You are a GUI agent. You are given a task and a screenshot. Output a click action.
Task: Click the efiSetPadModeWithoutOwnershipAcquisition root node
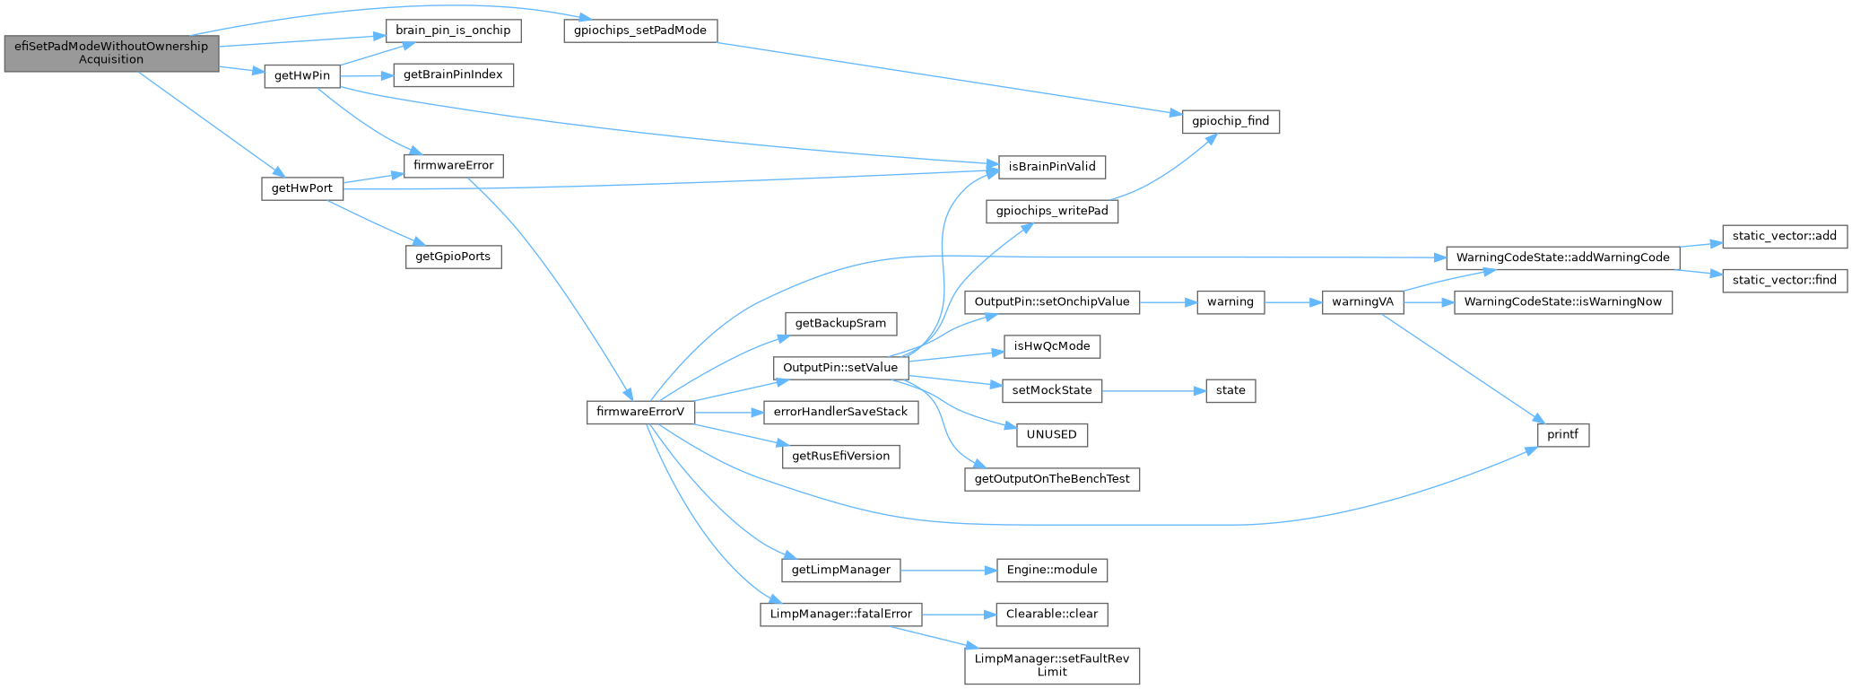[x=111, y=53]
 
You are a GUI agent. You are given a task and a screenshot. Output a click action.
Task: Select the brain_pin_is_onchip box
[x=453, y=31]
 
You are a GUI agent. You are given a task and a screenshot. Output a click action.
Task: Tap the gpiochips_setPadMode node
[x=640, y=31]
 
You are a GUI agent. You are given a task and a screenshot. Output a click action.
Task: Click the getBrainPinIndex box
[x=453, y=74]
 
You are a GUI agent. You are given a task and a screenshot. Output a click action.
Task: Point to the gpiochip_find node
[x=1230, y=121]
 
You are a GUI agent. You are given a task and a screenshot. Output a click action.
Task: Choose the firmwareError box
[x=453, y=166]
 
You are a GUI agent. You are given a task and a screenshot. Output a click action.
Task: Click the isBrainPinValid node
[x=1052, y=167]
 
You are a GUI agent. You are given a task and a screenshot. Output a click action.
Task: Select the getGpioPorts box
[x=453, y=257]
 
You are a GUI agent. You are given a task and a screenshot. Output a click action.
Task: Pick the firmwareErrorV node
[x=640, y=413]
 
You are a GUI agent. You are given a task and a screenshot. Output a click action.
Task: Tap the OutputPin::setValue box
[x=840, y=368]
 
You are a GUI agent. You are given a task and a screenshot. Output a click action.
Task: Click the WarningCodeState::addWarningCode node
[x=1562, y=257]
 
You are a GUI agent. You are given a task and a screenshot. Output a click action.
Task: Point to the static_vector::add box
[x=1785, y=236]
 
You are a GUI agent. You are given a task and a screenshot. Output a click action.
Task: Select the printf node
[x=1562, y=435]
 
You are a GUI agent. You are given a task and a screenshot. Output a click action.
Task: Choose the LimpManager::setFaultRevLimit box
[x=1052, y=666]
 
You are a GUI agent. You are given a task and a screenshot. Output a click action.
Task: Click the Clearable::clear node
[x=1052, y=615]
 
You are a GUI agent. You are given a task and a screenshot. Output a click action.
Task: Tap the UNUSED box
[x=1052, y=435]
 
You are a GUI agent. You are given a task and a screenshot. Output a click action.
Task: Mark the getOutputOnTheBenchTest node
[x=1052, y=479]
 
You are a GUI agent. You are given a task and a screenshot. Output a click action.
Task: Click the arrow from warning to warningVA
[x=1293, y=302]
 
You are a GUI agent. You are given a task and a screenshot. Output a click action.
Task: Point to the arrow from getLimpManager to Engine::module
[x=949, y=570]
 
